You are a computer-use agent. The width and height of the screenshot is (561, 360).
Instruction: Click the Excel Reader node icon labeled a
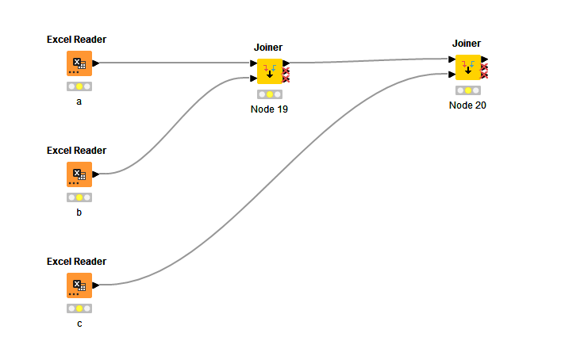79,63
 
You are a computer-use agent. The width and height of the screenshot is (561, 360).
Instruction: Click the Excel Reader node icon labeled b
79,174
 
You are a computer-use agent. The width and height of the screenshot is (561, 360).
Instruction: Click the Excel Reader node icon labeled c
79,285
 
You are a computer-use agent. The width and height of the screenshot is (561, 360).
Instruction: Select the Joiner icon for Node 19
270,71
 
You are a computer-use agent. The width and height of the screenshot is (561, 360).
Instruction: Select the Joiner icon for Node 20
468,67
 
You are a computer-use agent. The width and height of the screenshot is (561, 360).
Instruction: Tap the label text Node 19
269,109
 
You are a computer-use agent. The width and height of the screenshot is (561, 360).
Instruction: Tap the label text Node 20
467,105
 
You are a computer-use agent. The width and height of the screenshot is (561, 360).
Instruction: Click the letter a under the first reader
79,101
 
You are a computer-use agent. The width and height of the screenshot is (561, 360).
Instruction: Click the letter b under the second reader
79,213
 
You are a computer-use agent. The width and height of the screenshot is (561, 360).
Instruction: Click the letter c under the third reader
79,324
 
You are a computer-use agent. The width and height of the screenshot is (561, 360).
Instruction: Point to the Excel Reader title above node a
76,40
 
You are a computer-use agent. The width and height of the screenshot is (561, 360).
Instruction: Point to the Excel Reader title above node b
76,151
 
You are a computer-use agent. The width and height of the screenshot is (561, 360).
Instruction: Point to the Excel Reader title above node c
76,262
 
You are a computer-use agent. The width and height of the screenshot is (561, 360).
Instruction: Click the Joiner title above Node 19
268,48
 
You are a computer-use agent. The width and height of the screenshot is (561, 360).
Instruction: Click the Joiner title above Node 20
467,44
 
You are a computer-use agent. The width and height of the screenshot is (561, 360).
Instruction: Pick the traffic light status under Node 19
270,94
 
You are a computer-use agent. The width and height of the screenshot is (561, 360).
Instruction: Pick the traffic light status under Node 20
468,90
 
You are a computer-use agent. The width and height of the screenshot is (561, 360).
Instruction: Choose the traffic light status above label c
79,308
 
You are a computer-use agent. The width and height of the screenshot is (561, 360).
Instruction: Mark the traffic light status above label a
79,86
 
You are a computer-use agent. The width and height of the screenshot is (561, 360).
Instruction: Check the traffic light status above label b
79,197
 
